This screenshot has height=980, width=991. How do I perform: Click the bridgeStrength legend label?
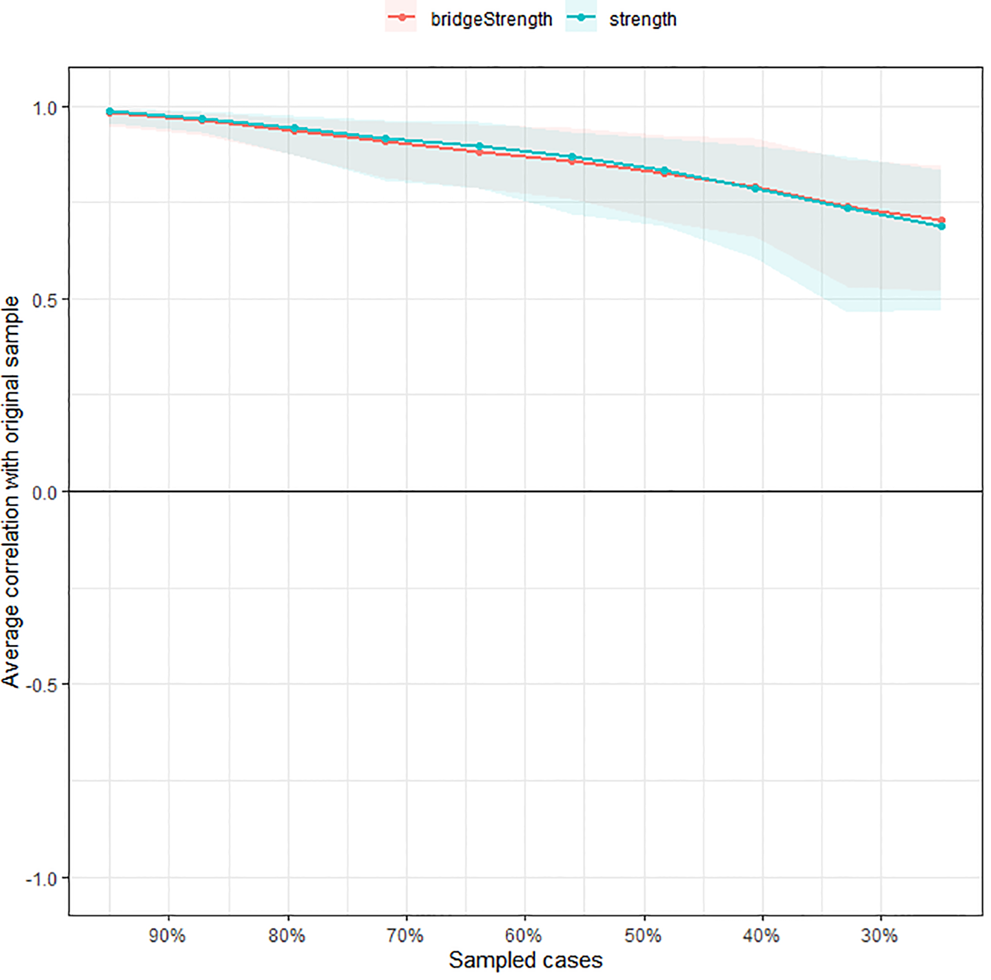click(x=491, y=19)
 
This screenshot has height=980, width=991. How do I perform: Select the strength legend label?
click(x=642, y=19)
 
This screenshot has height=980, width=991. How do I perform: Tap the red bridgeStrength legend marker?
click(x=402, y=18)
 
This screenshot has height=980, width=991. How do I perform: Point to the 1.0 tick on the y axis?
click(x=45, y=108)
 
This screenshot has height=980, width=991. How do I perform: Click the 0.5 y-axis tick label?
click(x=45, y=300)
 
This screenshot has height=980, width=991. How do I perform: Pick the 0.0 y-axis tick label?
click(x=45, y=493)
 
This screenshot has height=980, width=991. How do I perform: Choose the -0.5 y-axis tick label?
click(x=42, y=685)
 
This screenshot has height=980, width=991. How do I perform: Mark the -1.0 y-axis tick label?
click(x=42, y=878)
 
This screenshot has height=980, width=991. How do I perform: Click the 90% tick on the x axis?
click(x=168, y=935)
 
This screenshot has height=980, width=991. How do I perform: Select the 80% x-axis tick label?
click(x=287, y=935)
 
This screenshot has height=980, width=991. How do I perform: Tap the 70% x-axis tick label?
click(x=405, y=935)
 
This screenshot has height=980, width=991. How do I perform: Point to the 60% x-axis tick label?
click(x=524, y=935)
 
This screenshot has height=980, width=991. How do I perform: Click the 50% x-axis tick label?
click(x=644, y=935)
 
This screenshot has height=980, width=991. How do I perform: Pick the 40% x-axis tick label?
click(x=762, y=935)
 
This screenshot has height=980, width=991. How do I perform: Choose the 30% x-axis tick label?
click(x=880, y=935)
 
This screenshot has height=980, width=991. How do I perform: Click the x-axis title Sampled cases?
click(x=526, y=960)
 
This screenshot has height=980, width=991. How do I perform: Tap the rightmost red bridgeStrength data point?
click(x=941, y=220)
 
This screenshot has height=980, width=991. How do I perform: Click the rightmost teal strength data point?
click(x=941, y=226)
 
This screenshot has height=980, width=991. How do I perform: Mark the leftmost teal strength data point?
click(x=110, y=112)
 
